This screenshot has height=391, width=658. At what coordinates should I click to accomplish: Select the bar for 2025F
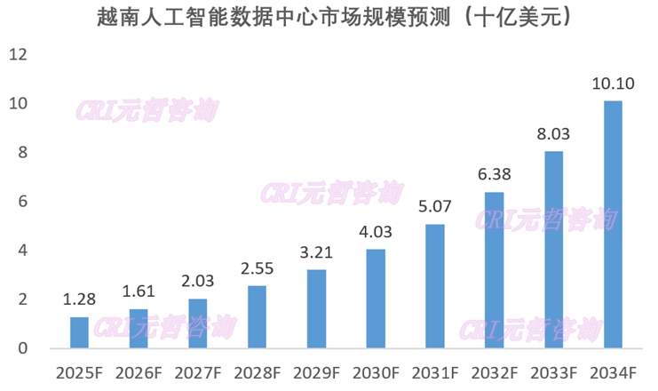pos(79,332)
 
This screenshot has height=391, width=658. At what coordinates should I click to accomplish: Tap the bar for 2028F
pos(257,317)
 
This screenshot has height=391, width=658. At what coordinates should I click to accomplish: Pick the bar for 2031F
pos(434,286)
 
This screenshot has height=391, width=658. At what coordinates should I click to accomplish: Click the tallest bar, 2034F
pos(613,225)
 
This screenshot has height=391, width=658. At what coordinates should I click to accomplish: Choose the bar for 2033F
pos(553,250)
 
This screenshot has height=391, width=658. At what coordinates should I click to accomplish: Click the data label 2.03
pos(198,283)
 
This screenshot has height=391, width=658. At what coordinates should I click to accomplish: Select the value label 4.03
pos(376,235)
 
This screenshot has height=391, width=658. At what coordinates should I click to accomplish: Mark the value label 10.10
pos(613,85)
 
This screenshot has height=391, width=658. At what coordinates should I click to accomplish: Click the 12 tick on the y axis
pos(19,55)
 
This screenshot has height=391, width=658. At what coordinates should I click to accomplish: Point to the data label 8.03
pos(553,136)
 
